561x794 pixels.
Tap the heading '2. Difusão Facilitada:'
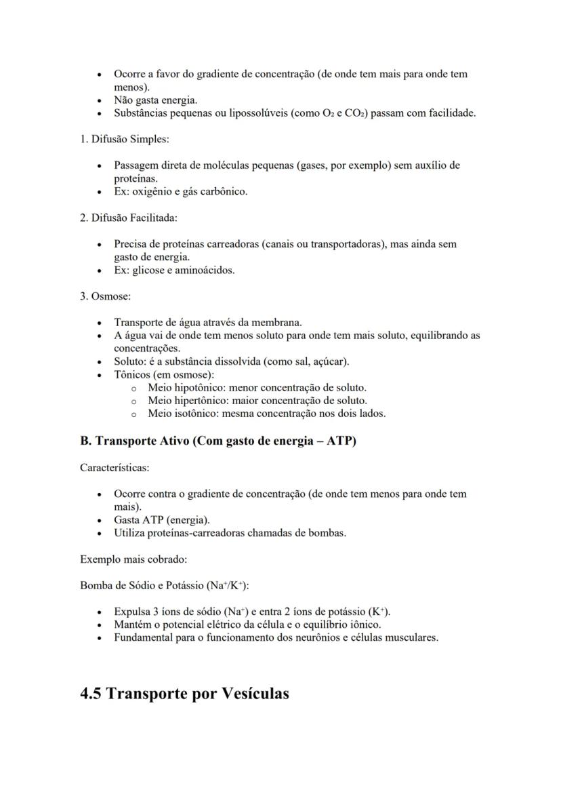pos(129,218)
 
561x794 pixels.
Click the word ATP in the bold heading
pos(341,441)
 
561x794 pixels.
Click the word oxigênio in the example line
pos(152,191)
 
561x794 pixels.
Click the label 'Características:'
pos(115,468)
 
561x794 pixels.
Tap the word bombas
pos(328,532)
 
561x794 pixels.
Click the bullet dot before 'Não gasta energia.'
pos(100,100)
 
